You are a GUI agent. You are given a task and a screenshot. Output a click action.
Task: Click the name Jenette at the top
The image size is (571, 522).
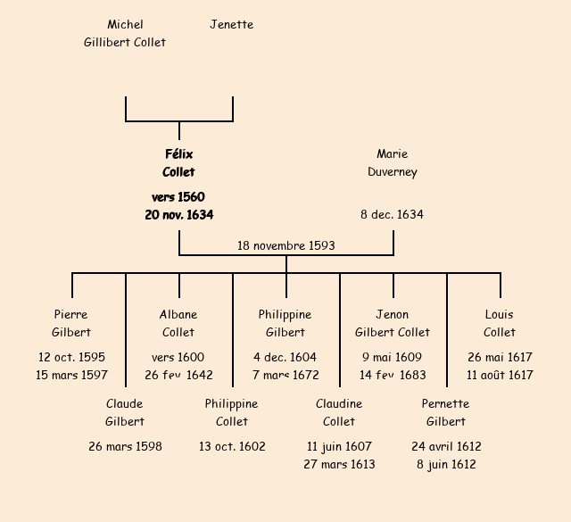[x=231, y=25]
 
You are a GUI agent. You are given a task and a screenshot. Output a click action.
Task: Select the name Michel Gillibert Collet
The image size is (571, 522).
[x=125, y=33]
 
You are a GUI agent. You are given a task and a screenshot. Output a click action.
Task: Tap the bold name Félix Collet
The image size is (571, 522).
[x=178, y=163]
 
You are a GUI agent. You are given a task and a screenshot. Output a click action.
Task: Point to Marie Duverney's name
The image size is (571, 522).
[x=393, y=163]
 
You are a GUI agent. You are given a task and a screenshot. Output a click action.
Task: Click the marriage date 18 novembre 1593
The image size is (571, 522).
[x=285, y=245]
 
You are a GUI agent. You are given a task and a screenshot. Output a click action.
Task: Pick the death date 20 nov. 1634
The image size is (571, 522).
[x=178, y=215]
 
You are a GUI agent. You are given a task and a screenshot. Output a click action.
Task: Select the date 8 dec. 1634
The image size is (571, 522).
[x=393, y=215]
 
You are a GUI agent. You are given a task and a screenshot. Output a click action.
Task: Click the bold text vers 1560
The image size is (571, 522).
[x=178, y=197]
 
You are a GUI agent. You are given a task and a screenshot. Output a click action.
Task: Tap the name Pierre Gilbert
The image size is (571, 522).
[x=71, y=323]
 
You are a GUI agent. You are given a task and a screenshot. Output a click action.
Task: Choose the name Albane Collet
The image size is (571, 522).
[x=178, y=323]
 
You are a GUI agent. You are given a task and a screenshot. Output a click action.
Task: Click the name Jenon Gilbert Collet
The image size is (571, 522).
[x=393, y=323]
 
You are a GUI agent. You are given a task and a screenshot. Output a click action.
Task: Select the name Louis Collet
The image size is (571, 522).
[x=500, y=323]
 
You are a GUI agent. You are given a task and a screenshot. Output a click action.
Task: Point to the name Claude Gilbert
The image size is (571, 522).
[x=125, y=412]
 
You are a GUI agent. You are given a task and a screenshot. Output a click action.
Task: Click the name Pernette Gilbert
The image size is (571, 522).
[x=446, y=412]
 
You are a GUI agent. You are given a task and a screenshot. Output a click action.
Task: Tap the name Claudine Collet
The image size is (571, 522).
[x=339, y=412]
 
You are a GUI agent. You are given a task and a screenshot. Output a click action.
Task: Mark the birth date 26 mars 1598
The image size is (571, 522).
[x=125, y=447]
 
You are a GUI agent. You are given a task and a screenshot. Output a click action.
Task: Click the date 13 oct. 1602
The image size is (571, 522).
[x=232, y=447]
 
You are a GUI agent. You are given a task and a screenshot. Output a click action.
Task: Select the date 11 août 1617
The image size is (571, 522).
[x=500, y=376]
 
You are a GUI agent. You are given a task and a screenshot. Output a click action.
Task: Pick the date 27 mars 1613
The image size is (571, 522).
[x=339, y=465]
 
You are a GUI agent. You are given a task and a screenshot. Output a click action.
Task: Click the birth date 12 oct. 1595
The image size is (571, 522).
[x=71, y=358]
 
